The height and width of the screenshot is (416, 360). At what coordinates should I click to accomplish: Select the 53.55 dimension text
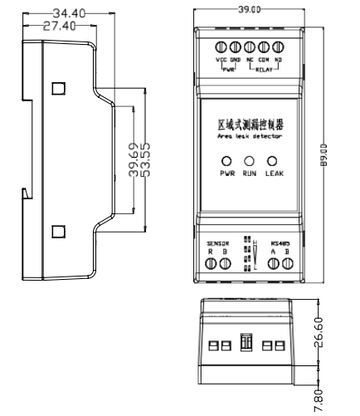click(x=145, y=154)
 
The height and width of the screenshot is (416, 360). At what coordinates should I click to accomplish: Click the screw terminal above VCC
click(x=221, y=46)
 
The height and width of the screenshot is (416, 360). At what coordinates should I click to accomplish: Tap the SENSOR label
click(x=217, y=244)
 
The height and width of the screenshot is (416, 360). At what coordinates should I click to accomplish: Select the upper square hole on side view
click(x=59, y=87)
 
